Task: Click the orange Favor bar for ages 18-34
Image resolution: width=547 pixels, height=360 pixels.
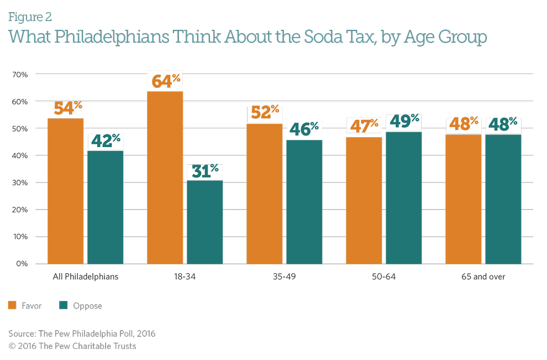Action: tap(165, 177)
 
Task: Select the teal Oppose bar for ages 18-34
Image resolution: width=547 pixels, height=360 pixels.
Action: tap(205, 222)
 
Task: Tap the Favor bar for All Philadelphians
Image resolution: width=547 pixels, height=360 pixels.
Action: tap(65, 191)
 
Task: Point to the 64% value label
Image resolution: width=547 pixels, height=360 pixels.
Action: tap(165, 80)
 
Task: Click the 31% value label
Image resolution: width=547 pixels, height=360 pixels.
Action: tap(205, 171)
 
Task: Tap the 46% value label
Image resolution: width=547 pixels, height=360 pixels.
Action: tap(304, 128)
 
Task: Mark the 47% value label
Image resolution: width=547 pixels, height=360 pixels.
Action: tap(364, 126)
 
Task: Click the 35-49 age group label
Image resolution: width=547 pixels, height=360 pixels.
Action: tap(284, 276)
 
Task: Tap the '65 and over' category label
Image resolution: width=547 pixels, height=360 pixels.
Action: tap(483, 276)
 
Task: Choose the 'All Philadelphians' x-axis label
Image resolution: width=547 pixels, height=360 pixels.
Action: tap(85, 276)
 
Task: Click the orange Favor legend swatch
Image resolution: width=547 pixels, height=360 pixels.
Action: tap(12, 305)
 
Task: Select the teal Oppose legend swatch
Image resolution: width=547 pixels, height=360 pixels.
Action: tap(62, 305)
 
